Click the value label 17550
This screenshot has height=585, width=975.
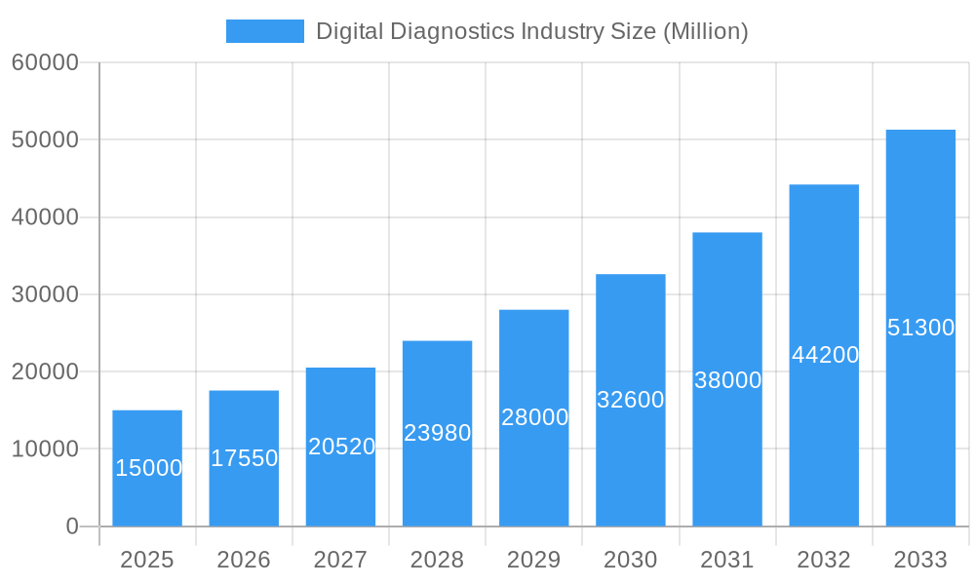tap(245, 458)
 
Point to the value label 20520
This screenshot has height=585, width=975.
tap(341, 447)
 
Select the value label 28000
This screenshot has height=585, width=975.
tap(534, 417)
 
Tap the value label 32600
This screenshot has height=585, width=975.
tap(631, 400)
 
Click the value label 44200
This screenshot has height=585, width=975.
tap(825, 355)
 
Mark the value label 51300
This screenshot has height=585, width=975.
tap(920, 328)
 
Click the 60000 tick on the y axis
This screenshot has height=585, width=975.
tap(45, 62)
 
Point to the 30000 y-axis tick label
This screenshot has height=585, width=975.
tap(45, 294)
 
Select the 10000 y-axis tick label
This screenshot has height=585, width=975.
tap(45, 448)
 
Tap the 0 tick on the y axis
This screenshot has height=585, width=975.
tap(71, 526)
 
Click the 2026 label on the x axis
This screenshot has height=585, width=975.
tap(244, 560)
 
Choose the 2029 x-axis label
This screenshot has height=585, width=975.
tap(534, 560)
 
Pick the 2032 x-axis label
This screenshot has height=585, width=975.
tap(824, 560)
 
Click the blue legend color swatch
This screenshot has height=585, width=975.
tap(265, 31)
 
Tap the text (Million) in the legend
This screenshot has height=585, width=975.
tap(706, 31)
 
